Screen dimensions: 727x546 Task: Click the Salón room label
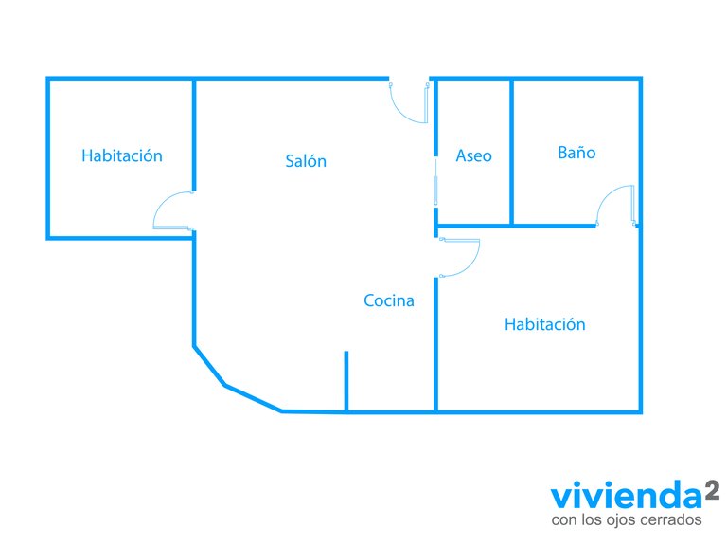click(x=306, y=160)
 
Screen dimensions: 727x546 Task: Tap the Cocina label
click(x=388, y=300)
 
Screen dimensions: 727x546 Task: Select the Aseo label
click(x=473, y=155)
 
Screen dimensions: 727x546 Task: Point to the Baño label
click(x=576, y=153)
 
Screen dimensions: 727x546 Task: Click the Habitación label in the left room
click(x=122, y=155)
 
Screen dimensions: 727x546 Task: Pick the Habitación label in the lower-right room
click(x=545, y=324)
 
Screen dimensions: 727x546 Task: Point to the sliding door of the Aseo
click(x=435, y=182)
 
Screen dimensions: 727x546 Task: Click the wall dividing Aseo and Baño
click(x=511, y=152)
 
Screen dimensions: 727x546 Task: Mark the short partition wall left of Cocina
click(x=346, y=381)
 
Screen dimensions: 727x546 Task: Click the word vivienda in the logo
click(x=627, y=496)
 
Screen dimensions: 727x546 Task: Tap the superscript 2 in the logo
click(x=712, y=490)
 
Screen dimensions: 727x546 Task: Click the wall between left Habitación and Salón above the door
click(x=194, y=136)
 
